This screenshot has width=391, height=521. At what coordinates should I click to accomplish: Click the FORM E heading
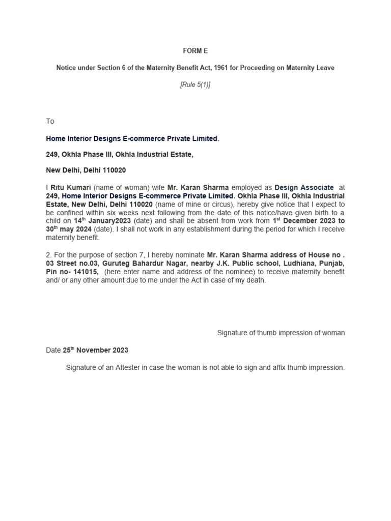point(195,51)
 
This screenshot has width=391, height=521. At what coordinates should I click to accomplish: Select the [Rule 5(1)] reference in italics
point(195,85)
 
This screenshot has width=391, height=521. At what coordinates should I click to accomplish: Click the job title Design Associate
point(304,187)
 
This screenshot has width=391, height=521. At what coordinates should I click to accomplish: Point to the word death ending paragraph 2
point(256,280)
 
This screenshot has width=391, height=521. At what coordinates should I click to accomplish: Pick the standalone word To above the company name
point(50,121)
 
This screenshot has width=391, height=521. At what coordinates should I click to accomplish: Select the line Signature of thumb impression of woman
point(281,333)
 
